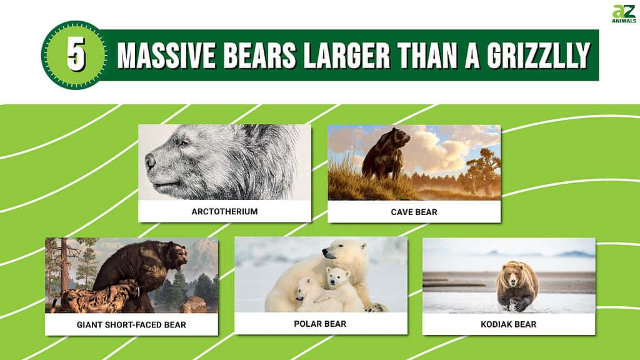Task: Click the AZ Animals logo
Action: (623, 13)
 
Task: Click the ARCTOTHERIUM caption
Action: (224, 211)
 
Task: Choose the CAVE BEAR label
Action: (414, 212)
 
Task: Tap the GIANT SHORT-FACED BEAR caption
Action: (131, 324)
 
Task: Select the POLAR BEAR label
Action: (321, 324)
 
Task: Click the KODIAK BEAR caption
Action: (509, 324)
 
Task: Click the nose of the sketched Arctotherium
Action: (150, 162)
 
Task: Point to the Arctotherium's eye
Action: (182, 144)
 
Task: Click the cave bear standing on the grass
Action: (384, 153)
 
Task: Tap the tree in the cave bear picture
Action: (481, 166)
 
